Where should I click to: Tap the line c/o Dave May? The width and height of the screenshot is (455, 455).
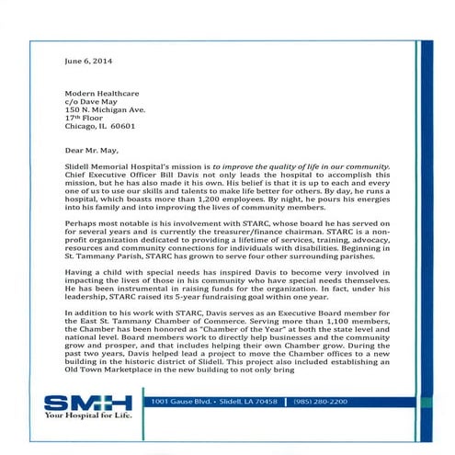[91, 103]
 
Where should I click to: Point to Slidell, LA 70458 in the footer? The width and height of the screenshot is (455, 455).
[250, 403]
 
